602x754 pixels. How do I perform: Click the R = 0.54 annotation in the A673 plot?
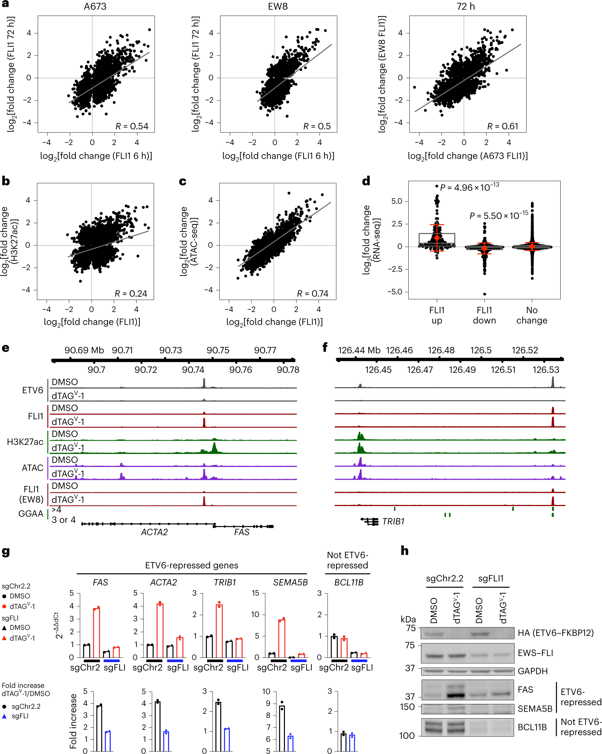coord(132,126)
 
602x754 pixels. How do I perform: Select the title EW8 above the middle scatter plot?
coord(278,7)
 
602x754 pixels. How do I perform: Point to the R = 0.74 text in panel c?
coord(312,293)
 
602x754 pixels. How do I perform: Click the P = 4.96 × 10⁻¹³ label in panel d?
coord(469,187)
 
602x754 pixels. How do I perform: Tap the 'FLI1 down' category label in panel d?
coord(484,315)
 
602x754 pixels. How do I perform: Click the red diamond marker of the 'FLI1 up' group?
coord(437,238)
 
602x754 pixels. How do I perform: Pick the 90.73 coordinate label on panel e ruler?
coord(170,350)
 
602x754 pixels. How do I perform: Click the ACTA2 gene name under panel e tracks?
coord(154,532)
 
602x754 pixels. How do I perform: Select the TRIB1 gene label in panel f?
coord(393,521)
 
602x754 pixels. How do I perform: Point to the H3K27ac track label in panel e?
coord(25,442)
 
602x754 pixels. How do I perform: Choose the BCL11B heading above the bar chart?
coord(348,582)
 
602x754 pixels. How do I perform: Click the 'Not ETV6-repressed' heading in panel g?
coord(347,560)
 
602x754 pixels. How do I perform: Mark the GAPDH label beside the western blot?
coord(532,671)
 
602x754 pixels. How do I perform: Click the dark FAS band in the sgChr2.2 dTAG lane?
coord(456,695)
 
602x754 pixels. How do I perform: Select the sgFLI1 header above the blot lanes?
coord(491,578)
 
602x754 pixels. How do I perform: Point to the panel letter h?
coord(404,551)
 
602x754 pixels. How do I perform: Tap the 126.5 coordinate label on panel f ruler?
coord(481,350)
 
